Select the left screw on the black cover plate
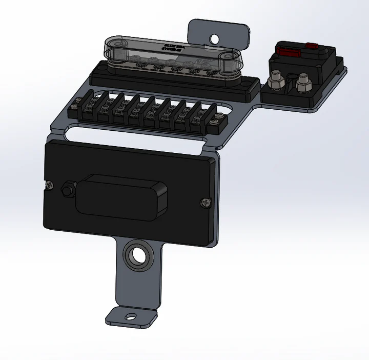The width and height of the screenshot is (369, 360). click(x=50, y=185)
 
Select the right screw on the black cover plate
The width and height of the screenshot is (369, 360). click(x=206, y=203)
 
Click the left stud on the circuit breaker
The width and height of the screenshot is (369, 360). click(x=277, y=81)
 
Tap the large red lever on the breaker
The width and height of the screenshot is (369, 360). click(x=288, y=51)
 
